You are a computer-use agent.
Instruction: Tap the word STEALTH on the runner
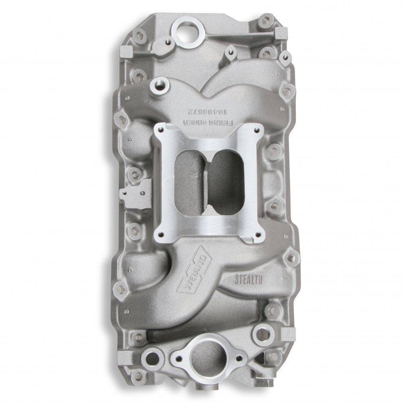247,278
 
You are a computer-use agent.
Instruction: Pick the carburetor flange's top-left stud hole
161,129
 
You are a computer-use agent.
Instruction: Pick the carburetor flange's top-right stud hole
256,130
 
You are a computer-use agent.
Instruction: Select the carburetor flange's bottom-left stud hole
161,234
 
